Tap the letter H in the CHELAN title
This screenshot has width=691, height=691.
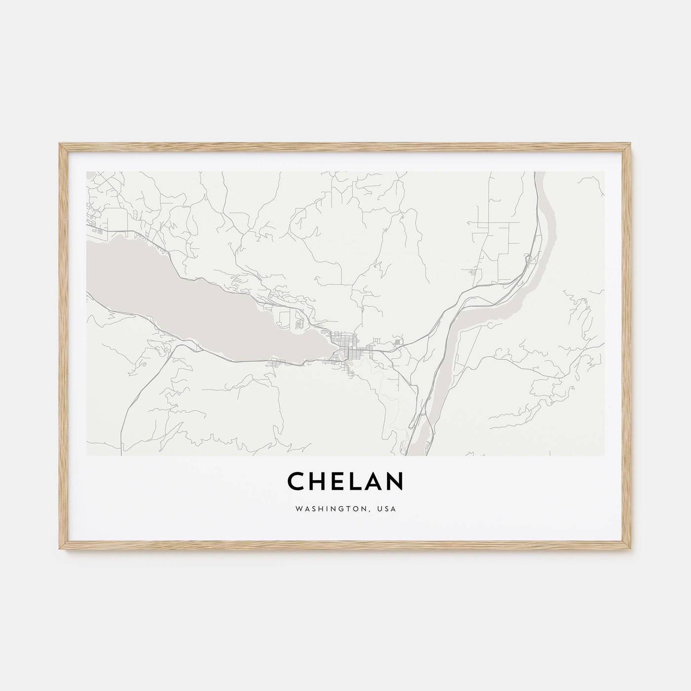click(x=318, y=481)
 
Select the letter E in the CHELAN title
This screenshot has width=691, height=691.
click(x=338, y=481)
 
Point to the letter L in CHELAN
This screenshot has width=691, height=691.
click(x=355, y=481)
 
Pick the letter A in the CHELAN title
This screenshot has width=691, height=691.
click(x=374, y=481)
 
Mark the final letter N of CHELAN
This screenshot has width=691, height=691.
click(x=395, y=481)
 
